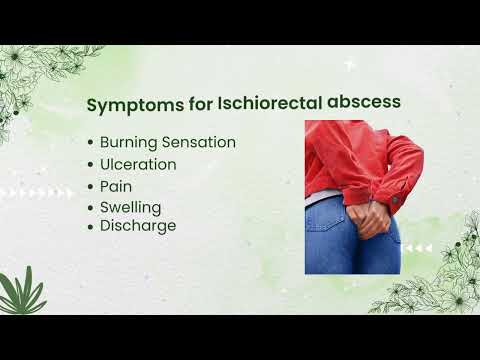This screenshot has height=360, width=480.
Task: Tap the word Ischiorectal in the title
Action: [x=258, y=104]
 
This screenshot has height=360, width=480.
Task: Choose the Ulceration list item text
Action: [x=138, y=164]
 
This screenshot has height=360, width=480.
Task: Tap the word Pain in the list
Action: [x=116, y=186]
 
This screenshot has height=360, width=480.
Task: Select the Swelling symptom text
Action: [x=130, y=207]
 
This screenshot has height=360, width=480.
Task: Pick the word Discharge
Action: [x=138, y=226]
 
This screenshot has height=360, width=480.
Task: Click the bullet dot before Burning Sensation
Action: [x=91, y=143]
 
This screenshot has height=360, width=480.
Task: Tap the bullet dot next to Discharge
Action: [x=91, y=227]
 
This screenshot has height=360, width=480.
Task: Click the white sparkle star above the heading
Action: [x=350, y=65]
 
